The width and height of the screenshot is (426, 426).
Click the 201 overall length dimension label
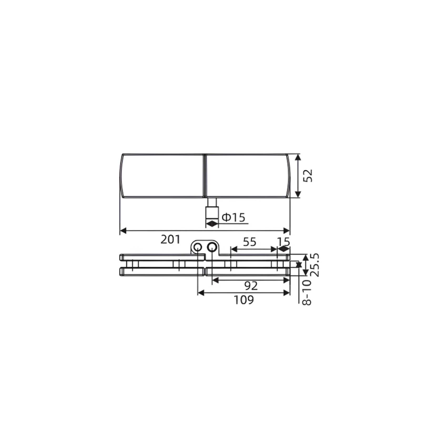pyautogui.click(x=170, y=240)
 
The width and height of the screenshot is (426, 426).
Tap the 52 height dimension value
pyautogui.click(x=308, y=176)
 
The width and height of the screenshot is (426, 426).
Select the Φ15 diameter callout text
pyautogui.click(x=233, y=217)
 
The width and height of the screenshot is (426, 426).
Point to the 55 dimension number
pyautogui.click(x=249, y=242)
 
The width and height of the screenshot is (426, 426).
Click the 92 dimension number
pyautogui.click(x=251, y=286)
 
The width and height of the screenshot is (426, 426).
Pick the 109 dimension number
pyautogui.click(x=244, y=300)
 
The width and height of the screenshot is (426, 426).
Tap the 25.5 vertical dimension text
pyautogui.click(x=315, y=265)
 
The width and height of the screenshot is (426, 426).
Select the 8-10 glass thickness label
pyautogui.click(x=307, y=292)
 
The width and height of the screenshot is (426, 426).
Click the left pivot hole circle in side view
pyautogui.click(x=198, y=247)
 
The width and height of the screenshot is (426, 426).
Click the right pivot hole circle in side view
pyautogui.click(x=212, y=247)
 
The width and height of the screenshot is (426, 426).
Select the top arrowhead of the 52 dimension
pyautogui.click(x=298, y=158)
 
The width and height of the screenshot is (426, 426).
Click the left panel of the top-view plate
pyautogui.click(x=163, y=176)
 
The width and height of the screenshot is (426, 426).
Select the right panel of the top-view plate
pyautogui.click(x=247, y=176)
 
